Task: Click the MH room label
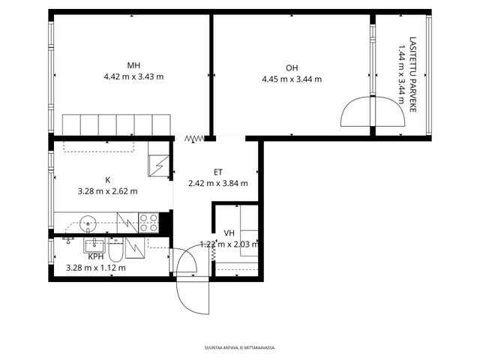coord(133,65)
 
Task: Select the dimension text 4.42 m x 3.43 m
coord(133,76)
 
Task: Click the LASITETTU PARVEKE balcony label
coord(412,73)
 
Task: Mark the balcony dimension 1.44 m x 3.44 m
coord(400,73)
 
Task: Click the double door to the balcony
coord(372,112)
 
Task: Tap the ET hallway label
coord(217,172)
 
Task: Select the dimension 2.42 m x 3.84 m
coord(217,183)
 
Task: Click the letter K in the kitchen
coord(107,180)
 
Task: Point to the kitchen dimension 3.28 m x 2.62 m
coord(107,191)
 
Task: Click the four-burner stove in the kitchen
coord(148,222)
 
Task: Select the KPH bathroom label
coord(95,256)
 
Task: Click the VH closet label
coord(229,233)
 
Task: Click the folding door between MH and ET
coord(194,138)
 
